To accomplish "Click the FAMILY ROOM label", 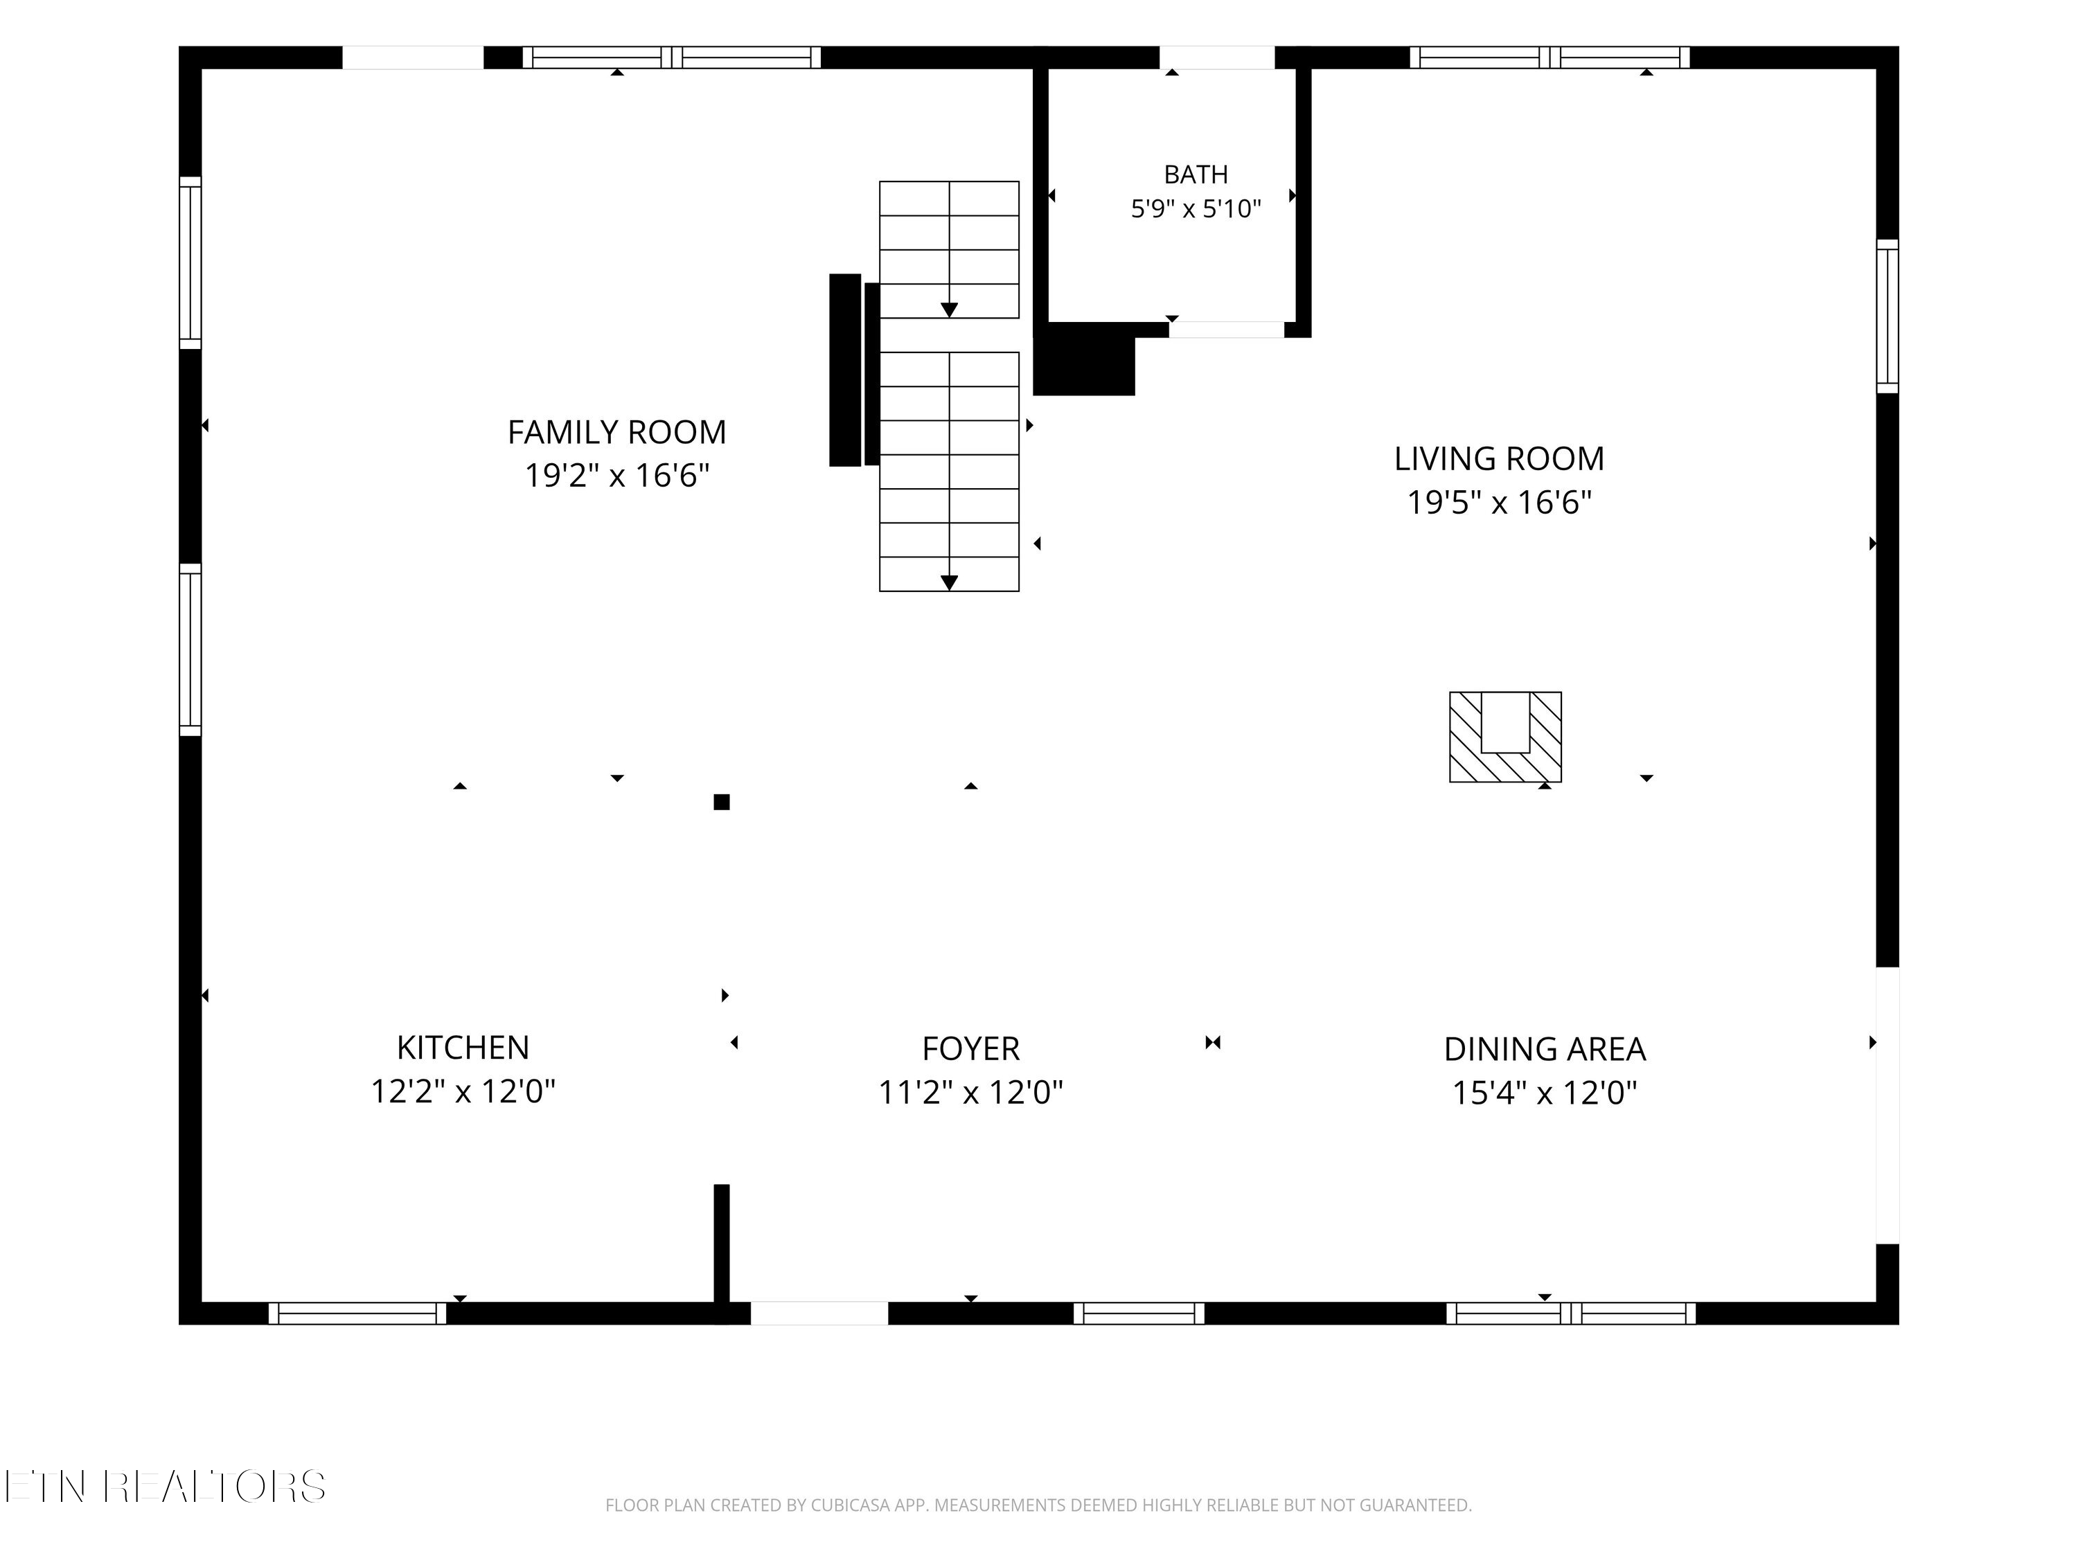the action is pos(617,432).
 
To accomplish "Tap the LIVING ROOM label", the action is pos(1500,458).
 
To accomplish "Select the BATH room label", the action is pos(1196,174).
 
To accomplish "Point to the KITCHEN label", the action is pos(463,1047).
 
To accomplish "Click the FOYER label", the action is pos(970,1048).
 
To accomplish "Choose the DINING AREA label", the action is pos(1545,1049).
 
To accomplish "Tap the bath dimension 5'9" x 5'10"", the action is pos(1196,208).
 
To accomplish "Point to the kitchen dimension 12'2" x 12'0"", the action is pos(463,1091).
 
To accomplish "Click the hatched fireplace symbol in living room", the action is pos(1505,737).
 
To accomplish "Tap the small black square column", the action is pos(722,802).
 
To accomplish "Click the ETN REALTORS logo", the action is pos(166,1487).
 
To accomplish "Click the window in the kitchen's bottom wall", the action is pos(358,1313).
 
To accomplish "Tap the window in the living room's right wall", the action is pos(1888,316).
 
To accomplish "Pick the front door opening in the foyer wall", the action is pos(819,1313).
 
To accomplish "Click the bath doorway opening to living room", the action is pos(1227,330).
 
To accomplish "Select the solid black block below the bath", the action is pos(1084,359).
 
